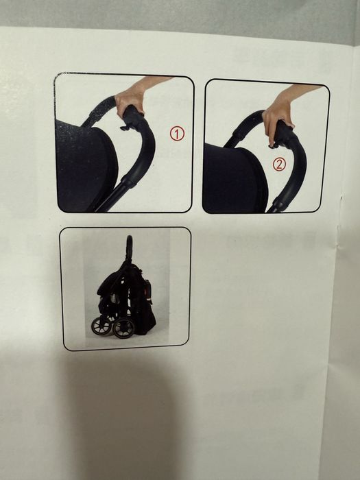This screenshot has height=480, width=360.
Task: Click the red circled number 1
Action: (x=177, y=134)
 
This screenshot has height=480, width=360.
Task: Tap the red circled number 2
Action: (x=279, y=165)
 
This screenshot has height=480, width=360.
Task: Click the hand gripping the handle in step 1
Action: (x=130, y=99)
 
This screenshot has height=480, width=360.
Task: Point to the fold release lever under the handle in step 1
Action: (x=126, y=126)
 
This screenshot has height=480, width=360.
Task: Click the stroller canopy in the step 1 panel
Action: (x=86, y=165)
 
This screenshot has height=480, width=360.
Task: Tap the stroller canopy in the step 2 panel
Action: (x=235, y=179)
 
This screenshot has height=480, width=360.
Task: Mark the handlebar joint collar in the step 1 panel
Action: (x=130, y=180)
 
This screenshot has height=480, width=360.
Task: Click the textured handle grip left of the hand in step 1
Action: (x=99, y=111)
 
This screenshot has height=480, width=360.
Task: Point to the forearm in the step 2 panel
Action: (x=302, y=91)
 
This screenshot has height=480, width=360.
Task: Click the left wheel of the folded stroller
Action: (x=101, y=326)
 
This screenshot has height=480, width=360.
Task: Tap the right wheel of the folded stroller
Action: (x=123, y=328)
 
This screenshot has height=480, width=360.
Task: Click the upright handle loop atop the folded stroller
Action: (x=130, y=248)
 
